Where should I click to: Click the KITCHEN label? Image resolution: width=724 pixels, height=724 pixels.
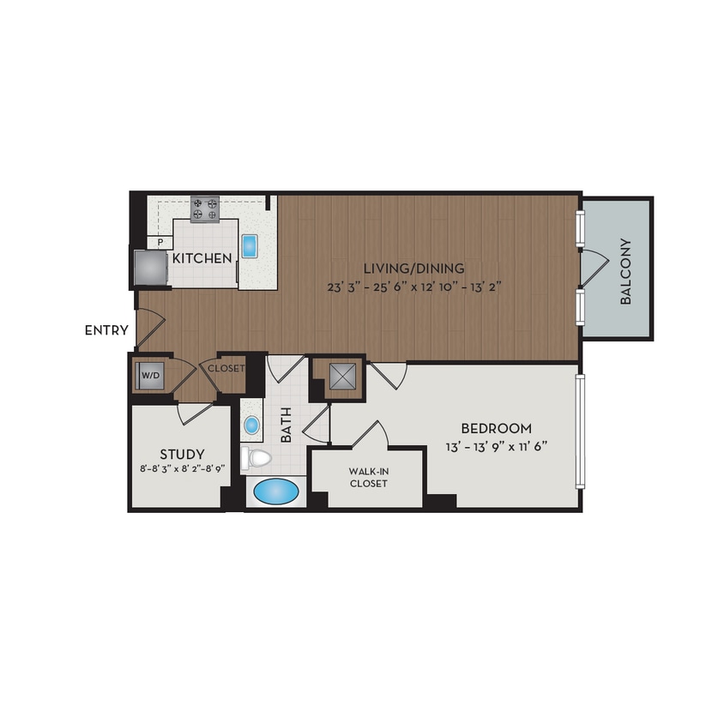(x=202, y=258)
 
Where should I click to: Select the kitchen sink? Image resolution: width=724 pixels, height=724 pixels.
(x=250, y=246)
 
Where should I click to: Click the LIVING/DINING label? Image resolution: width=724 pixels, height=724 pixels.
(x=413, y=268)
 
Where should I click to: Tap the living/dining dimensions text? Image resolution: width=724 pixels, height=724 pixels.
(x=413, y=287)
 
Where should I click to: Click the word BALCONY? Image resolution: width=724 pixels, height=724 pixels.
(x=626, y=271)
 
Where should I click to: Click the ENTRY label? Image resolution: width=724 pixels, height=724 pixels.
(x=107, y=330)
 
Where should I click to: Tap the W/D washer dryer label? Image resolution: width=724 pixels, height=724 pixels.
(x=149, y=375)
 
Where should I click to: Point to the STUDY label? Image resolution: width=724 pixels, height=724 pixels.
(x=182, y=454)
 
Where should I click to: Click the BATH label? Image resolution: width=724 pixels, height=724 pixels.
(x=286, y=425)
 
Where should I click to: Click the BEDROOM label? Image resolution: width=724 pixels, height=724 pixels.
(x=496, y=428)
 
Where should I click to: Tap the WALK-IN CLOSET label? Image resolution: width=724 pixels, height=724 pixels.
(x=368, y=477)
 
